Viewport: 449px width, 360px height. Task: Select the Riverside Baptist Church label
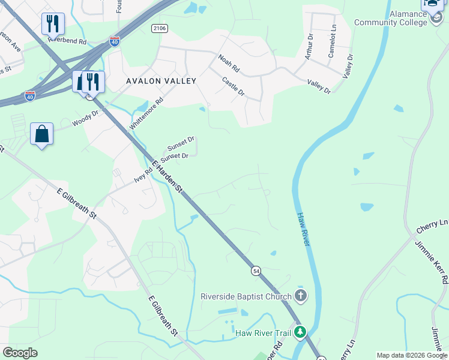(246, 296)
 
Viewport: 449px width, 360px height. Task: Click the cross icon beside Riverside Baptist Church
(301, 296)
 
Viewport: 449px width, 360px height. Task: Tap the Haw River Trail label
(263, 333)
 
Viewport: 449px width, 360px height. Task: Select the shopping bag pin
(42, 134)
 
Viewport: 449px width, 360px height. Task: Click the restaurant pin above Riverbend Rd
(53, 24)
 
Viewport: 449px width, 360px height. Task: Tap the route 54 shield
(256, 271)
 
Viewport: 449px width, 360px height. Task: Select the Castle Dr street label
(233, 86)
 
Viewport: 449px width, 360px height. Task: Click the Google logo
(20, 353)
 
